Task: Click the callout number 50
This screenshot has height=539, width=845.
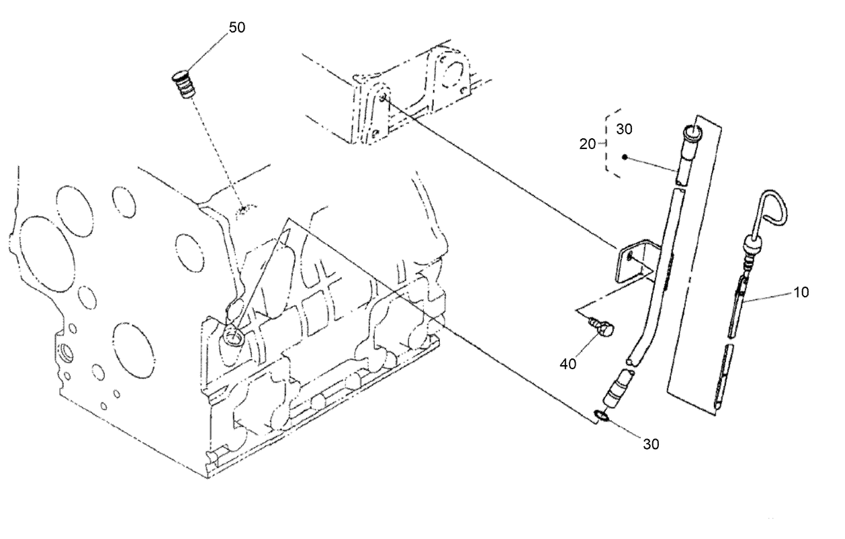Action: pos(236,28)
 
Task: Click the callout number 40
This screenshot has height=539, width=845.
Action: pos(568,364)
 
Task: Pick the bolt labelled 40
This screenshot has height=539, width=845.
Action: pos(603,328)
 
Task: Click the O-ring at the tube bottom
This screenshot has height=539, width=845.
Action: pos(603,418)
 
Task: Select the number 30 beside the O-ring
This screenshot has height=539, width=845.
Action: pos(650,444)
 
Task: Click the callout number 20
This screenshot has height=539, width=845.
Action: pos(588,143)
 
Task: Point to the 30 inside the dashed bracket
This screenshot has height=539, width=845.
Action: pos(624,129)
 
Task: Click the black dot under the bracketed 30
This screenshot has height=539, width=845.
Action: pos(625,158)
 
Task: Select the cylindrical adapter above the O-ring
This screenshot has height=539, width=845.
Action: pos(615,392)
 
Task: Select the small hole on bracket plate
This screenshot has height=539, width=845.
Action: pos(629,256)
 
